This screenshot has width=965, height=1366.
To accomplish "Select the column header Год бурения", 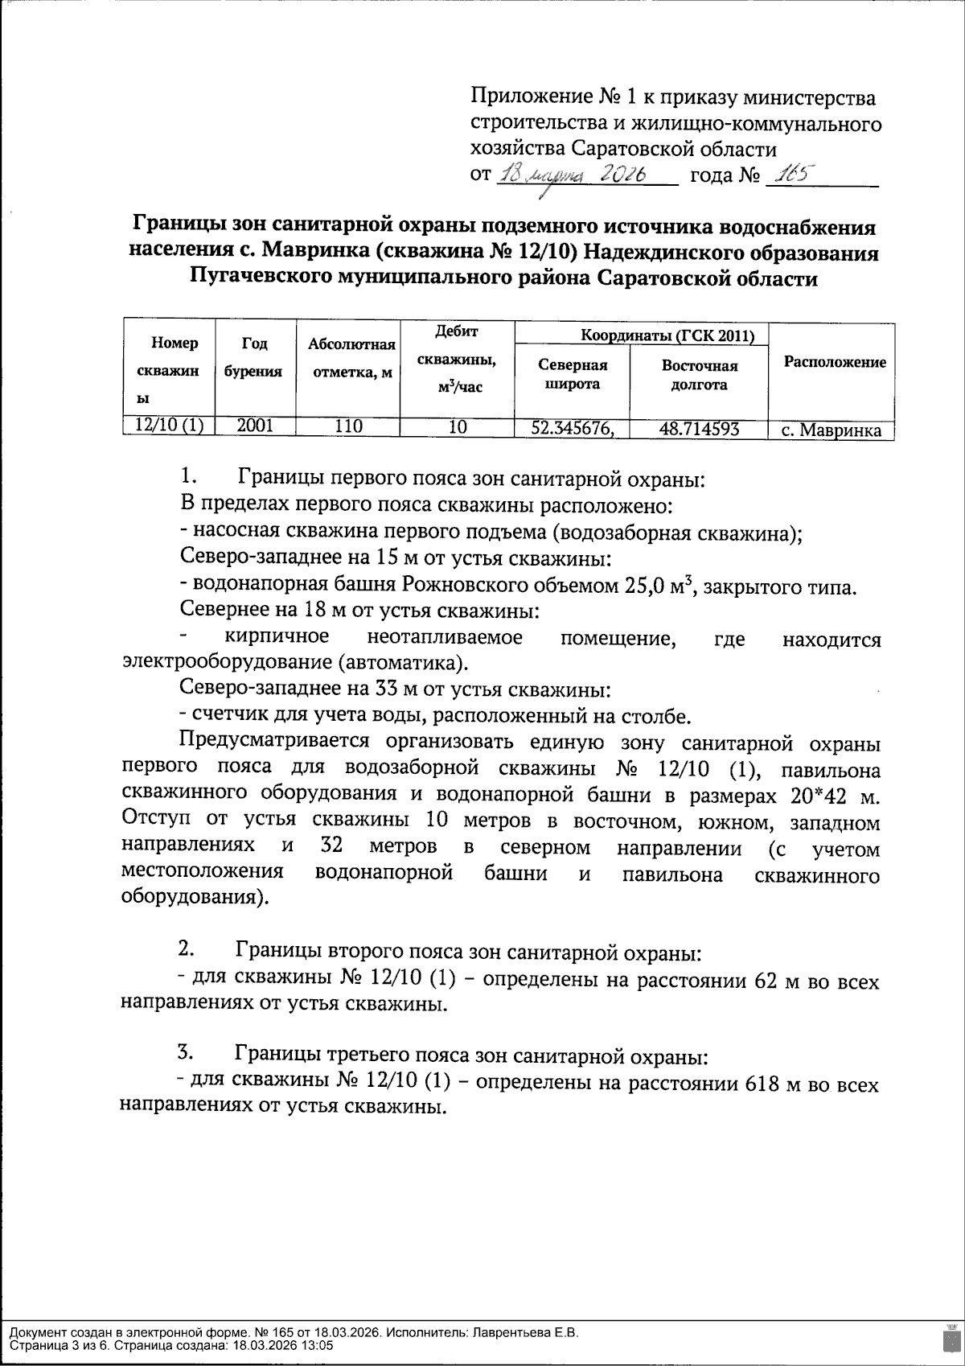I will pyautogui.click(x=254, y=356).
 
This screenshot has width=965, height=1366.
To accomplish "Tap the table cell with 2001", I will pyautogui.click(x=254, y=427).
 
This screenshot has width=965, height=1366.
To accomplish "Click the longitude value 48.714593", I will pyautogui.click(x=699, y=429).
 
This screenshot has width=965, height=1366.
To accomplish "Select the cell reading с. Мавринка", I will pyautogui.click(x=831, y=430).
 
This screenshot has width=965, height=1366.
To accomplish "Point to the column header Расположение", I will pyautogui.click(x=834, y=362).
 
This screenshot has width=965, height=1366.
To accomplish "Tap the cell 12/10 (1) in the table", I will pyautogui.click(x=169, y=427).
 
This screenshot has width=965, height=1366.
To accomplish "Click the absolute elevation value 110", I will pyautogui.click(x=348, y=427).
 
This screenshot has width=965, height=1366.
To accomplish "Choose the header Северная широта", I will pyautogui.click(x=572, y=374).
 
